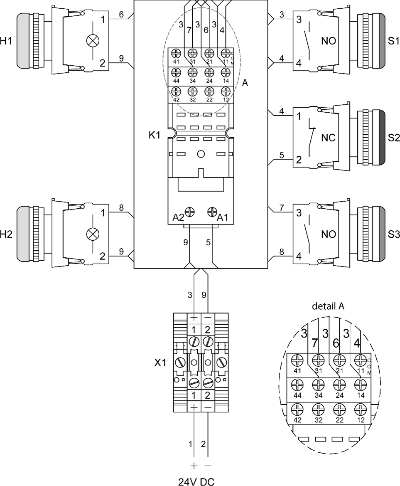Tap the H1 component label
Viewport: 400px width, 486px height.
(x=6, y=41)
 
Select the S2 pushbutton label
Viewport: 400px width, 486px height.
(x=393, y=138)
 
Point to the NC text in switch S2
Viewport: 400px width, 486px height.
(x=329, y=138)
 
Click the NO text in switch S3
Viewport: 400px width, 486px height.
(x=329, y=234)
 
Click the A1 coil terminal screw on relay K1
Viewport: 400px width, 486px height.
(x=212, y=212)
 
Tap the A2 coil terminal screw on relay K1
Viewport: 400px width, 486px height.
(x=192, y=212)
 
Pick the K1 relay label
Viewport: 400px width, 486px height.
(x=154, y=136)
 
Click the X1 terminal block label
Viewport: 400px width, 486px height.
(x=160, y=363)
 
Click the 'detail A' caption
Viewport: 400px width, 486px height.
(x=328, y=306)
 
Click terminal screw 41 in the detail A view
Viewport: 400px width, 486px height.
(x=297, y=360)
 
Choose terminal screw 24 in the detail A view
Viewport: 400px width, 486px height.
(x=339, y=385)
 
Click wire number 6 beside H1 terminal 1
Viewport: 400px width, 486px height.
(x=121, y=15)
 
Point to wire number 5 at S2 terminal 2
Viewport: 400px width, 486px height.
(x=282, y=155)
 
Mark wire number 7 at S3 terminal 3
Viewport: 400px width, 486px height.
(x=282, y=208)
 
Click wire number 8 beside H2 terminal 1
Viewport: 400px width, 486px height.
(x=121, y=208)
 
